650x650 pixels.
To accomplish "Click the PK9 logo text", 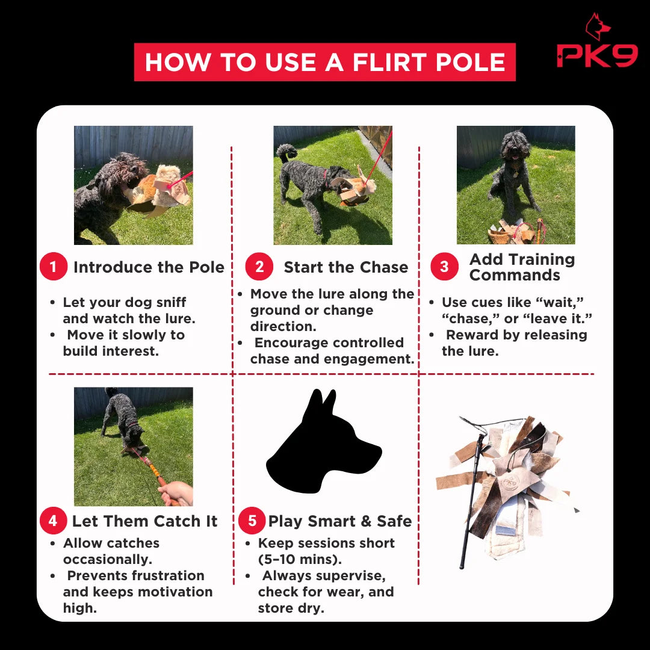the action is pyautogui.click(x=597, y=55).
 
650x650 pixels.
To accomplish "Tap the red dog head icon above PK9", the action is pyautogui.click(x=598, y=26).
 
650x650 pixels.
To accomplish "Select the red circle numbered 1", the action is pyautogui.click(x=54, y=266).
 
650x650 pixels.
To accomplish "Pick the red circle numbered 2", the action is pyautogui.click(x=259, y=266).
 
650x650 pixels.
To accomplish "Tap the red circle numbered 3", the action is pyautogui.click(x=444, y=266).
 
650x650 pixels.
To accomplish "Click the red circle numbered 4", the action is pyautogui.click(x=53, y=520).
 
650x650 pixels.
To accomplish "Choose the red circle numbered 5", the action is pyautogui.click(x=252, y=520).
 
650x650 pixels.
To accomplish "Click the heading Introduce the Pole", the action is pyautogui.click(x=149, y=267).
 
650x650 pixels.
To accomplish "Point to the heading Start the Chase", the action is pyautogui.click(x=345, y=267).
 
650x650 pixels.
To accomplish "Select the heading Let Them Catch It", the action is pyautogui.click(x=144, y=521).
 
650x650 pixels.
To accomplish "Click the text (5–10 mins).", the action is pyautogui.click(x=300, y=559).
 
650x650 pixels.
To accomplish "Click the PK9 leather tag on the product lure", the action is pyautogui.click(x=510, y=481).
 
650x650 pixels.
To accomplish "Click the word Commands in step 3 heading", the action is pyautogui.click(x=515, y=275).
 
